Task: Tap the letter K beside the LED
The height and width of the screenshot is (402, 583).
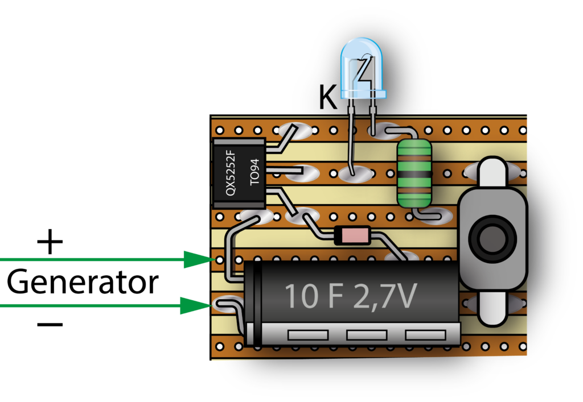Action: (x=328, y=97)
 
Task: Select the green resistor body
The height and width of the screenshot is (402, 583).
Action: (x=414, y=174)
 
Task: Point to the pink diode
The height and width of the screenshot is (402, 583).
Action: (x=352, y=235)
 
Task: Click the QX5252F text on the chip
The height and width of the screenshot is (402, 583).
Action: (x=231, y=173)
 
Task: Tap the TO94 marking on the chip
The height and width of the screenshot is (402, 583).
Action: (x=254, y=172)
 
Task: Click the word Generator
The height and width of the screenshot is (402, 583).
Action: (x=83, y=283)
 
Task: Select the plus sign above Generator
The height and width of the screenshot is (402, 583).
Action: (x=50, y=242)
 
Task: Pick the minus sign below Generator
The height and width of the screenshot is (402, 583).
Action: (x=50, y=325)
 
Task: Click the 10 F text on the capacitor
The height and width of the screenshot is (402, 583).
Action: (x=314, y=296)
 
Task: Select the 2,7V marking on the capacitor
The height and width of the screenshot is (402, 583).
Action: (x=385, y=297)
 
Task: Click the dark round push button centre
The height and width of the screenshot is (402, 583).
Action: (x=491, y=238)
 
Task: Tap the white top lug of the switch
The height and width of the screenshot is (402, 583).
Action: (x=492, y=171)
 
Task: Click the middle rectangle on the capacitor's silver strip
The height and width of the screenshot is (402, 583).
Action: (x=366, y=335)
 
